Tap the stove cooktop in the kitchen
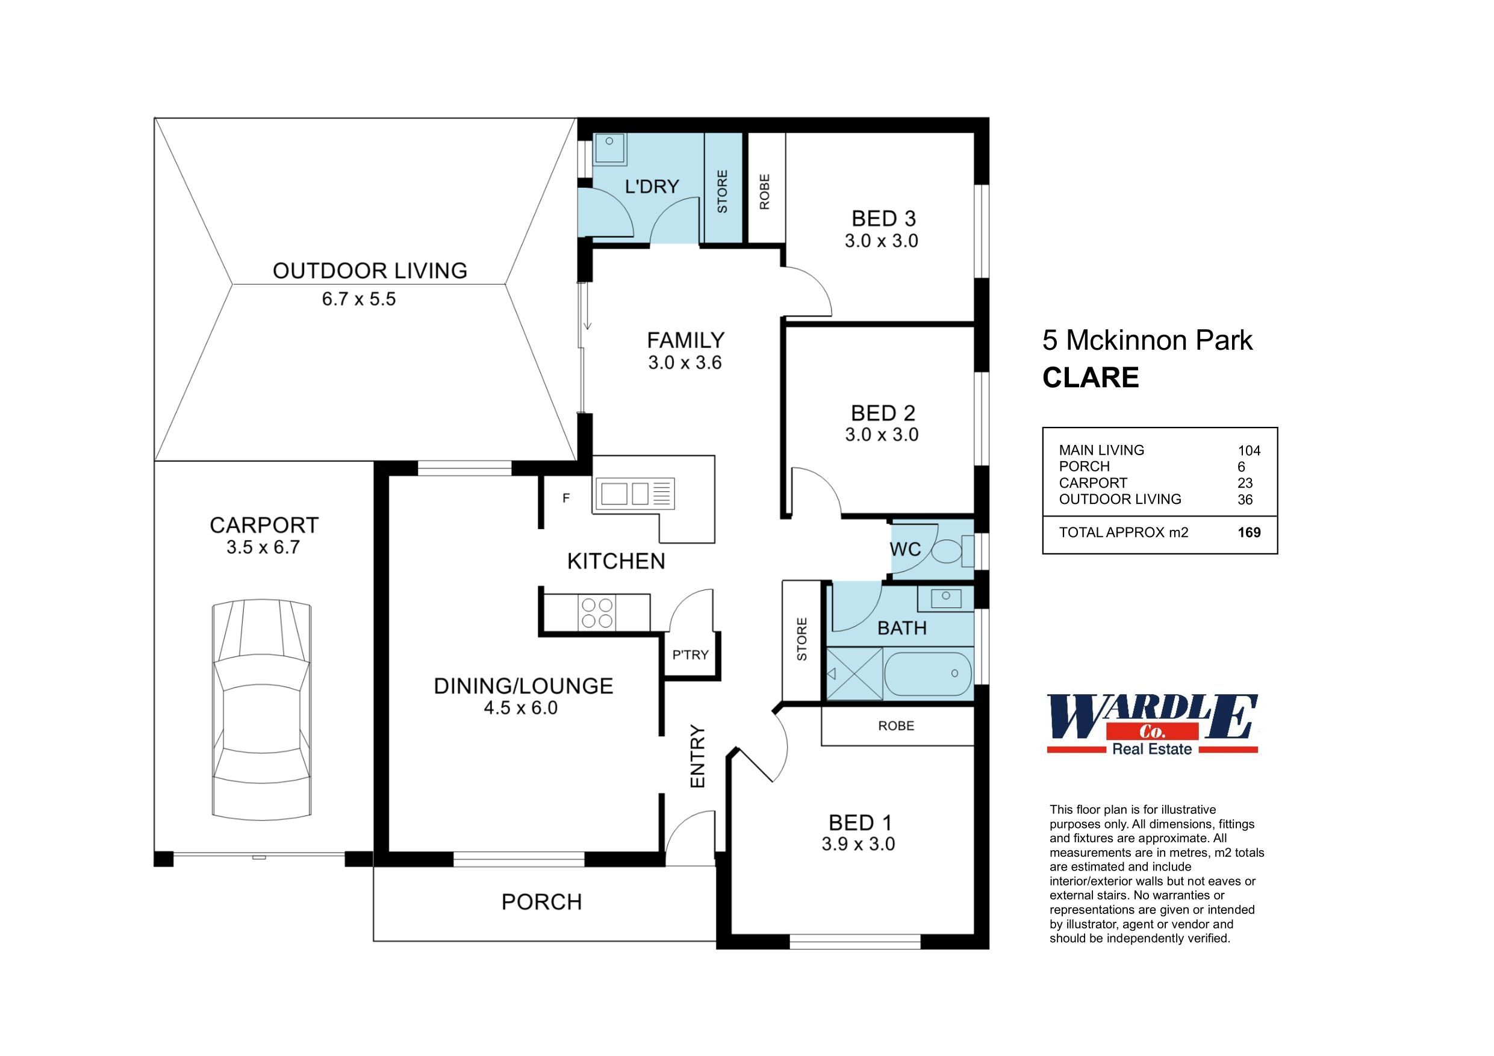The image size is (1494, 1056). click(597, 613)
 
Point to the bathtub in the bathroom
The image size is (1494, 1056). click(927, 674)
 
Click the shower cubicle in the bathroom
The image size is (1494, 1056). click(854, 674)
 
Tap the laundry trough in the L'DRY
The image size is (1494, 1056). click(609, 149)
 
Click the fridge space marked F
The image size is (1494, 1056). click(566, 498)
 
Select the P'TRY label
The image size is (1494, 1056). click(690, 655)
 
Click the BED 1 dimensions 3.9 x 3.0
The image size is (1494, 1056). click(858, 845)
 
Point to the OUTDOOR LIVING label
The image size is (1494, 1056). click(370, 271)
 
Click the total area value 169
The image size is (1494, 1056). click(1249, 533)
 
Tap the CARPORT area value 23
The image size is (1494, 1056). click(1245, 483)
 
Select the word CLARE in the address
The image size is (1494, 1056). click(1091, 378)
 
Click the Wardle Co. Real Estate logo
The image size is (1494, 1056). click(1152, 724)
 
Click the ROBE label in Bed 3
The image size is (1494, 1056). click(765, 191)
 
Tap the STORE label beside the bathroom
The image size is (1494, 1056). click(801, 639)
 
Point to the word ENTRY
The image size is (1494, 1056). click(697, 757)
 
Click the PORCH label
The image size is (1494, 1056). click(541, 902)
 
